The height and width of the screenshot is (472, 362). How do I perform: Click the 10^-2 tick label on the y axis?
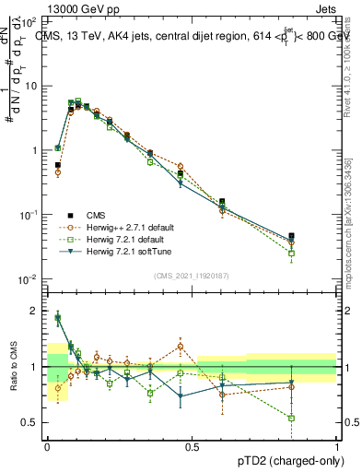tap(29, 279)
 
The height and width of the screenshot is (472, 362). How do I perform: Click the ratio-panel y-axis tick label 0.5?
tap(32, 422)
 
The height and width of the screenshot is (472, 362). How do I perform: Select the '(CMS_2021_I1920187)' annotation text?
tap(192, 276)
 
